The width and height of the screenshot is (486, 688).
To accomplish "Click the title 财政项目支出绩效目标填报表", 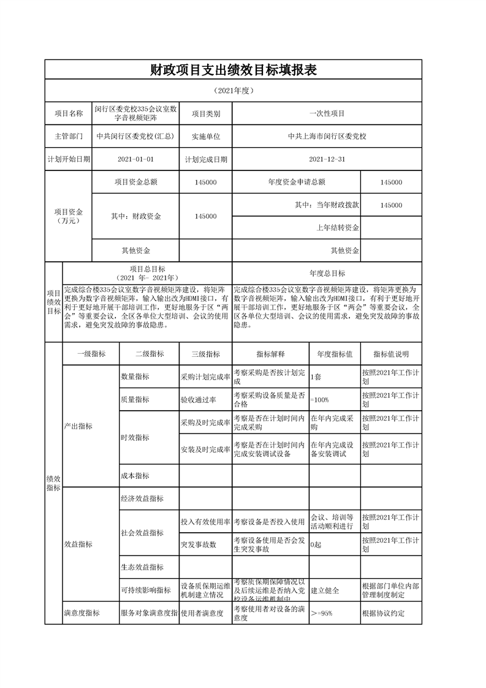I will click(234, 70).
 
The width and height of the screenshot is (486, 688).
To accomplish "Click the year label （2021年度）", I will click(234, 91).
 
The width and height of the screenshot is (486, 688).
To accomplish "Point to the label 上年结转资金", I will click(338, 228).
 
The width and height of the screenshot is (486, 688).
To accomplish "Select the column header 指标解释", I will click(270, 354).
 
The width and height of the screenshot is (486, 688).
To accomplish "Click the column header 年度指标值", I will click(334, 354).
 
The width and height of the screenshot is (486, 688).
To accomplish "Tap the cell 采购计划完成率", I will click(205, 376).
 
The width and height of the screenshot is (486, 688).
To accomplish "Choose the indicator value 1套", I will click(316, 376).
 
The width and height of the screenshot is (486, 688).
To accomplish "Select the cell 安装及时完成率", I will click(205, 449).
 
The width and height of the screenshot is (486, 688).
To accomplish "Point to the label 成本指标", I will click(135, 476).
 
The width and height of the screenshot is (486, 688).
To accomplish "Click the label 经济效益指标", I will click(142, 499).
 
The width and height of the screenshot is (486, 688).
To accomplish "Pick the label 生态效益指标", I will click(142, 567).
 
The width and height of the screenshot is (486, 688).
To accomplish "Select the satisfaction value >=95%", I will click(321, 613).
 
